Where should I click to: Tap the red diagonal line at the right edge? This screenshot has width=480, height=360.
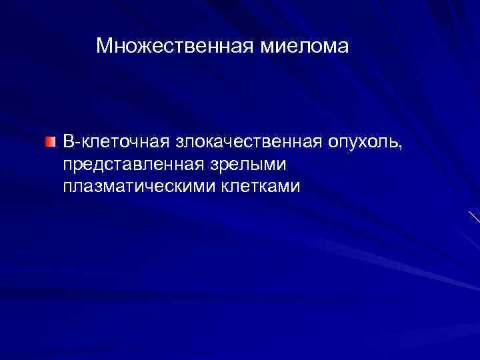[473, 216]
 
